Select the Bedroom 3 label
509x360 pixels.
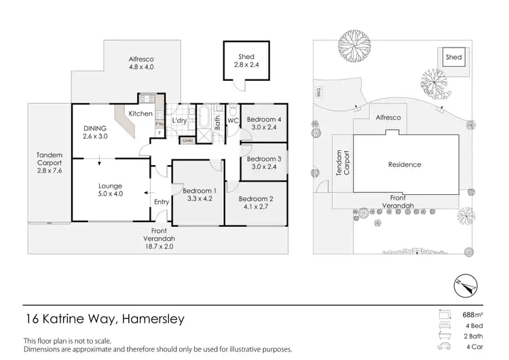263,159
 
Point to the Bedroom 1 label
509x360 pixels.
197,192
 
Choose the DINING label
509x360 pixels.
94,128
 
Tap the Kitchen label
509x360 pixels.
140,113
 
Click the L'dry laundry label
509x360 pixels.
179,120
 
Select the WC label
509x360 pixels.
232,121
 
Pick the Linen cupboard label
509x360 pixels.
187,141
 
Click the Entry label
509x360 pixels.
162,202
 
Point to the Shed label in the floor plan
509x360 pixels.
245,56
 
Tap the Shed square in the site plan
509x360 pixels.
453,58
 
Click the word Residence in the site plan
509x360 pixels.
404,164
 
